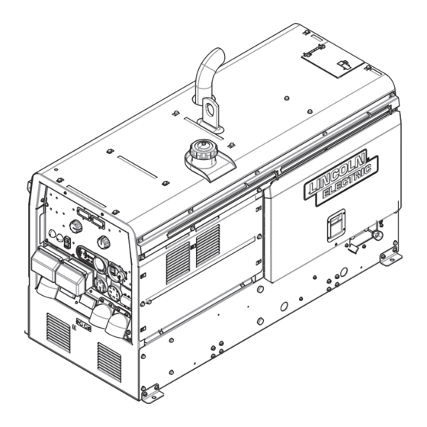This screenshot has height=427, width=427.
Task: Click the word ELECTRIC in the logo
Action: coord(347,181)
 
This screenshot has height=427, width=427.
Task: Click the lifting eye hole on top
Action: coord(210,109)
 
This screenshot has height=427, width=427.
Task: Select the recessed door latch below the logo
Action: coord(336,226)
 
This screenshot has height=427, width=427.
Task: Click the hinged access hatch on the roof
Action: coord(332,62)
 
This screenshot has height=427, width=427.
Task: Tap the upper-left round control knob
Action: coord(76,226)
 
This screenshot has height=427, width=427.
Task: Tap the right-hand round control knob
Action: coord(104,242)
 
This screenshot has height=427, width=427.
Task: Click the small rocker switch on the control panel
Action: coord(67,242)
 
